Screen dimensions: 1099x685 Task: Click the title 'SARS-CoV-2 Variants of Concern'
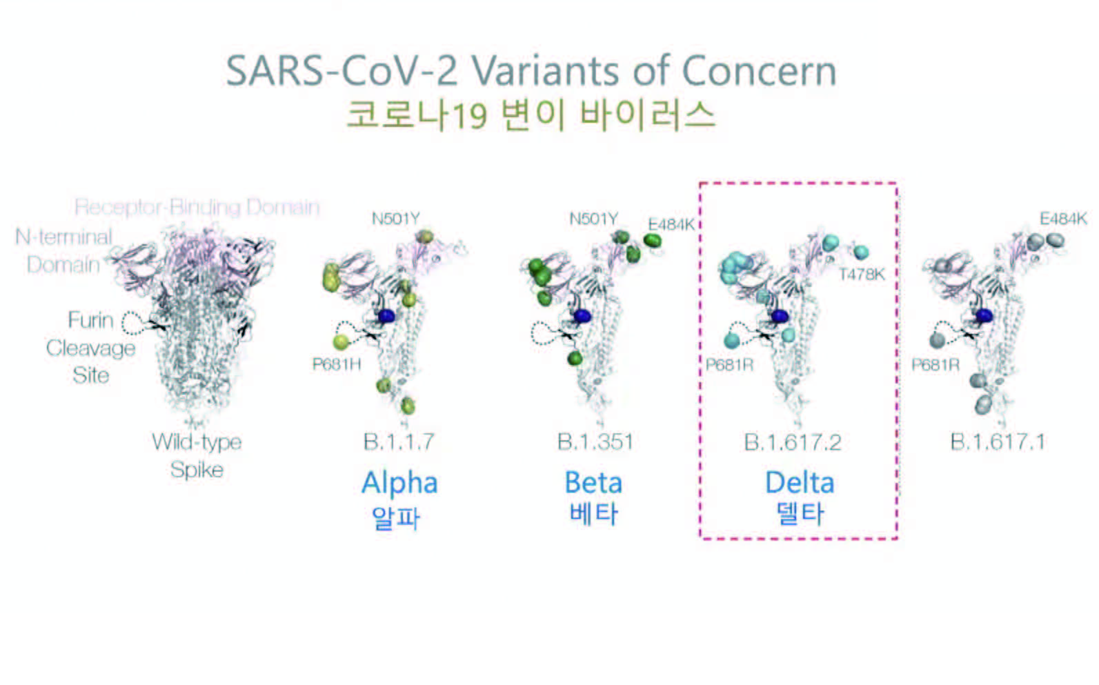pyautogui.click(x=531, y=71)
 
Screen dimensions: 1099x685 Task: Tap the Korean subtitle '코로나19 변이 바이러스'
pyautogui.click(x=531, y=115)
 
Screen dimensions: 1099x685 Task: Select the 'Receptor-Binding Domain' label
pyautogui.click(x=197, y=207)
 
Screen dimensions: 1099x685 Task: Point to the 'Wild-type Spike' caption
pyautogui.click(x=197, y=456)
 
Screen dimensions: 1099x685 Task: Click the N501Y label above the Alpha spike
pyautogui.click(x=396, y=219)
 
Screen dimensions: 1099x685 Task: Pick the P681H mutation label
pyautogui.click(x=337, y=364)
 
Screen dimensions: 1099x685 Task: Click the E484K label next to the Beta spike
pyautogui.click(x=671, y=224)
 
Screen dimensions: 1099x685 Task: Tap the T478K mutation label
pyautogui.click(x=862, y=275)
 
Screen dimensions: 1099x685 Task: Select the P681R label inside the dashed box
pyautogui.click(x=729, y=365)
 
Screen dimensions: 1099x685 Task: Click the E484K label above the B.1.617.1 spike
pyautogui.click(x=1063, y=219)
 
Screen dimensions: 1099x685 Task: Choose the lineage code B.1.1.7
pyautogui.click(x=399, y=441)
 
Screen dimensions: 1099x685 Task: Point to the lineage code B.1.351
pyautogui.click(x=595, y=441)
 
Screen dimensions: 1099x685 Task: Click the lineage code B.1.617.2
pyautogui.click(x=793, y=442)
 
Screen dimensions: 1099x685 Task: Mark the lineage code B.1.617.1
pyautogui.click(x=998, y=441)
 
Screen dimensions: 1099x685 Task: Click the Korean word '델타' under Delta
pyautogui.click(x=800, y=514)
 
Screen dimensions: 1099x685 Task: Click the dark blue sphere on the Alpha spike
pyautogui.click(x=386, y=316)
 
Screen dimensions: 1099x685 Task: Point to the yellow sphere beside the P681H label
pyautogui.click(x=341, y=341)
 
